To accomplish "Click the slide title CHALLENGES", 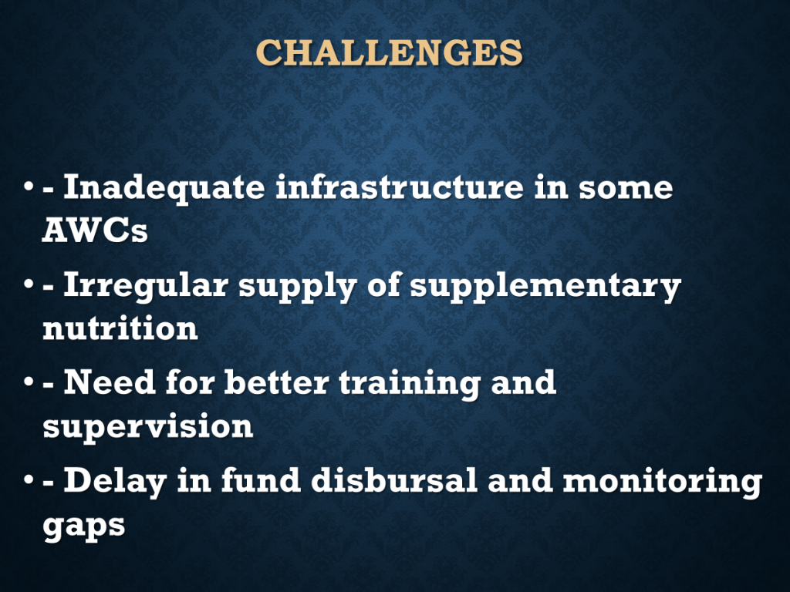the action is pyautogui.click(x=389, y=52).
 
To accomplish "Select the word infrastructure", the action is pyautogui.click(x=400, y=187).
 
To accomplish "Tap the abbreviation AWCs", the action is pyautogui.click(x=95, y=230).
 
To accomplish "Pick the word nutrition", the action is pyautogui.click(x=120, y=328).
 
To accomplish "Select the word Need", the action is pyautogui.click(x=110, y=382).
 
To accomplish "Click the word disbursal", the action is pyautogui.click(x=394, y=480).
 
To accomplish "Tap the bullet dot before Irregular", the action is pyautogui.click(x=29, y=285).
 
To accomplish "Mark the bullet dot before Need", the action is pyautogui.click(x=29, y=383).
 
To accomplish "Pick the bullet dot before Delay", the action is pyautogui.click(x=29, y=481).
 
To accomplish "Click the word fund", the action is pyautogui.click(x=261, y=480).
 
